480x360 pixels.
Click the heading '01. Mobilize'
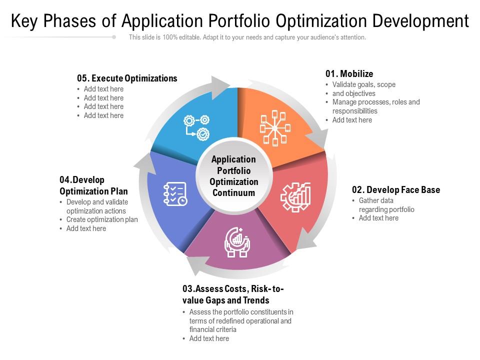click(x=349, y=74)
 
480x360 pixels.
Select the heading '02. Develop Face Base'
click(x=396, y=190)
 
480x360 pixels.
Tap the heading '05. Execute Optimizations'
click(x=127, y=78)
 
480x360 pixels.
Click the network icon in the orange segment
click(x=275, y=128)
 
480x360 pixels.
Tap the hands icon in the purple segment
click(x=237, y=242)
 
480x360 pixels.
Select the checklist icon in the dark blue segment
click(x=175, y=194)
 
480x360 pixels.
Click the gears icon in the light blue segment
click(x=196, y=128)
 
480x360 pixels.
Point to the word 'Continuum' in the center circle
click(x=233, y=193)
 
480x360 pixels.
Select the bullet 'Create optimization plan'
click(x=102, y=219)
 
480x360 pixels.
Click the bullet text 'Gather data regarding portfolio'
click(x=386, y=205)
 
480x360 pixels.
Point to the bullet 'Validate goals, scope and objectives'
click(x=363, y=89)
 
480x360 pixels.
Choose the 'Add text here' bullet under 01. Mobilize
click(x=352, y=120)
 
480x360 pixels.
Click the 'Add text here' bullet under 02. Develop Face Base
click(x=378, y=218)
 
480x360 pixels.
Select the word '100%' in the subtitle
click(x=170, y=37)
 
